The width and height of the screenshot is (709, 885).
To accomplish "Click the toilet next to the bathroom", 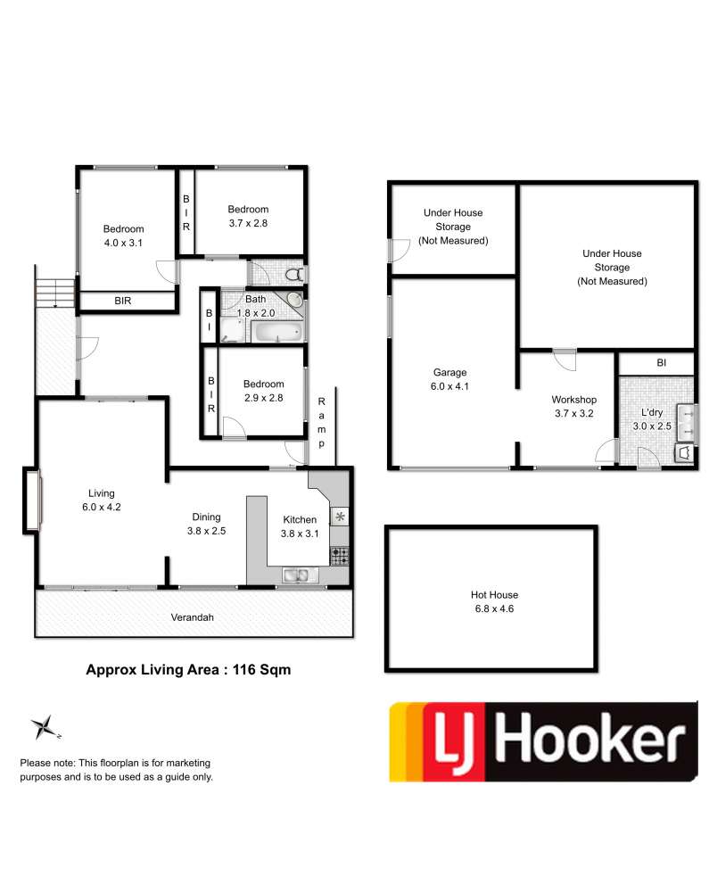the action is (295, 275).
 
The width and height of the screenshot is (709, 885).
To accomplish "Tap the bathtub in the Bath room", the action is (276, 331).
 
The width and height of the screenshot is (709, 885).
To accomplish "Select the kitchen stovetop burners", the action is (340, 556).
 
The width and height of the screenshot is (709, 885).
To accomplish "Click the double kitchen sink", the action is (296, 575).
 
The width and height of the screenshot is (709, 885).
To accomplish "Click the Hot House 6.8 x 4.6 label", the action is (494, 601).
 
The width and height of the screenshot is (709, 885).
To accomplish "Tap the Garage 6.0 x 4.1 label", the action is (449, 379).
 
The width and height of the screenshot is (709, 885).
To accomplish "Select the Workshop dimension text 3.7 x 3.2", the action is (574, 413).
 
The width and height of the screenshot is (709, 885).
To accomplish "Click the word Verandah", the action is (193, 617).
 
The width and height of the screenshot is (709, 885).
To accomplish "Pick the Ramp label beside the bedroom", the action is (322, 422).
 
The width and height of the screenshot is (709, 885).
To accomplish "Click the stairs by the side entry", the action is (54, 293).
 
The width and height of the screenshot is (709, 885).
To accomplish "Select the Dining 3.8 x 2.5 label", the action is (206, 524).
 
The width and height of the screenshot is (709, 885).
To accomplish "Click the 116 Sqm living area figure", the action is (261, 670).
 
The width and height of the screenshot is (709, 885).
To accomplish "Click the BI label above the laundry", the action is (662, 363).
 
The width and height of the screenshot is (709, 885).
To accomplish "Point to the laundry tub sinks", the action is (688, 422).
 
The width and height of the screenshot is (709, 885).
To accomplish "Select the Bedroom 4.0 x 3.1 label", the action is (124, 236).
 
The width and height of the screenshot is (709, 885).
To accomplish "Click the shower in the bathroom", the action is (233, 330).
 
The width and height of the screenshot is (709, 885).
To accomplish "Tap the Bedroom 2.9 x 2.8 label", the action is (263, 391).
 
